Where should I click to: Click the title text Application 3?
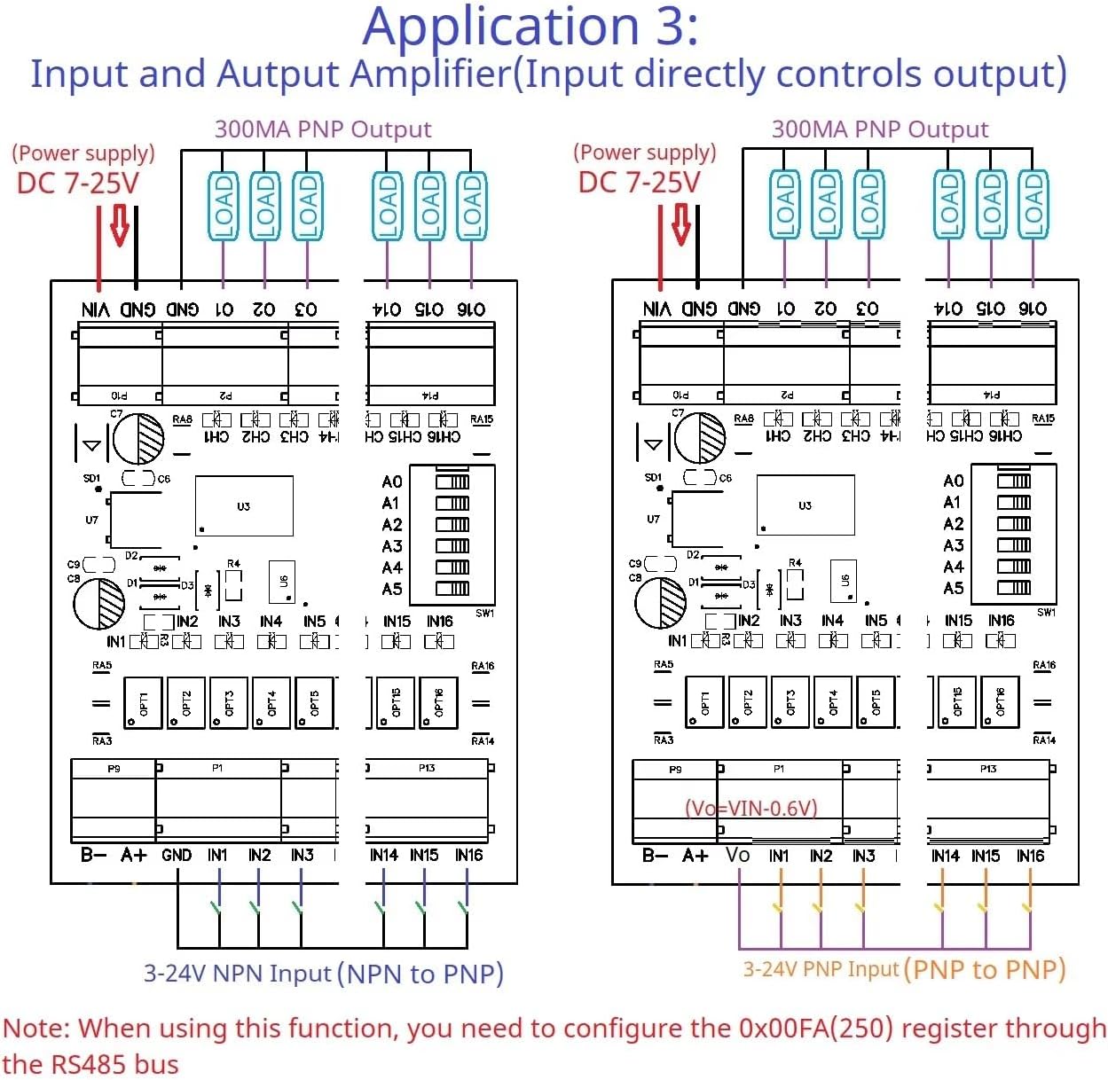coord(530,27)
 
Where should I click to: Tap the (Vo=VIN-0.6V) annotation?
coord(750,808)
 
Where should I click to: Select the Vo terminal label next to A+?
coord(737,856)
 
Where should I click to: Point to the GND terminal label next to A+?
coord(176,856)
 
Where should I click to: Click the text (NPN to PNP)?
coord(420,974)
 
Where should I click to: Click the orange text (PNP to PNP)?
coord(985,969)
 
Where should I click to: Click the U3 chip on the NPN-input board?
coord(244,506)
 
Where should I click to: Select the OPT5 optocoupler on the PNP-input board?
coord(876,702)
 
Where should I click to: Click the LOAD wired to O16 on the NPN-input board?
coord(471,206)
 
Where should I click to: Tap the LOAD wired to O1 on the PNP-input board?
coord(784,206)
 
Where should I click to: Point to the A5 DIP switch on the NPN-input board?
coord(452,589)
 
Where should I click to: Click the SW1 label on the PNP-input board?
coord(1046,613)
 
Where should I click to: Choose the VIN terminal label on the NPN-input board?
coord(96,309)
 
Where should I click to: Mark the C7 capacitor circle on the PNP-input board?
coord(700,438)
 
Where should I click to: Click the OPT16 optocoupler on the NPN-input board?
coord(438,703)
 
